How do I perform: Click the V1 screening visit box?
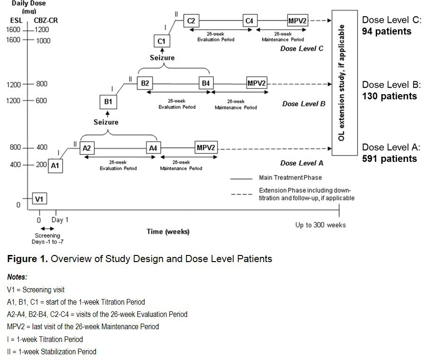point(39,199)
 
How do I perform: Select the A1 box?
point(56,166)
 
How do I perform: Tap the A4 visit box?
point(153,148)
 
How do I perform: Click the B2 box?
point(144,83)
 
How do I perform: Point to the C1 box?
point(161,42)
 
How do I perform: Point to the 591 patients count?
point(390,158)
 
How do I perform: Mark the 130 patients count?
point(390,96)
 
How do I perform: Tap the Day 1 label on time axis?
point(60,220)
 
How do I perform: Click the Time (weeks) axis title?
point(168,231)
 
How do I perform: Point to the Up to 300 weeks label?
point(320,225)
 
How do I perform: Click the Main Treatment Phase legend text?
point(291,178)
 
